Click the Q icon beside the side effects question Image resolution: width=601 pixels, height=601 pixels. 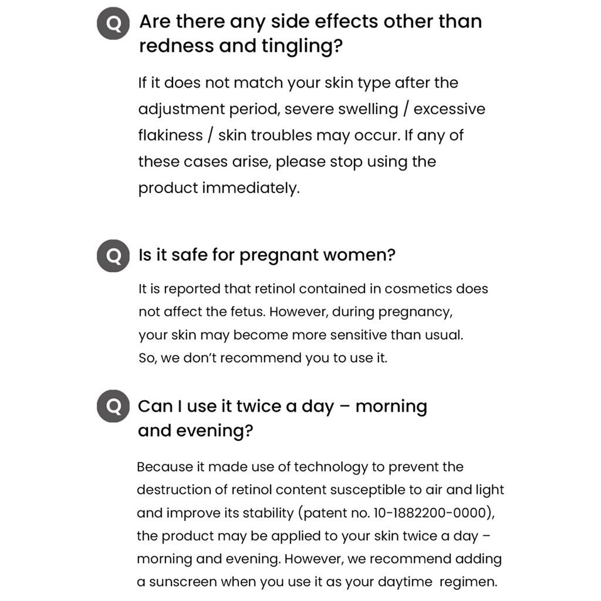pyautogui.click(x=113, y=24)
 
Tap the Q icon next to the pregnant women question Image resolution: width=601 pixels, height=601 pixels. pyautogui.click(x=113, y=256)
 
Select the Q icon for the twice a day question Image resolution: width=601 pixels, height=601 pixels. pyautogui.click(x=113, y=406)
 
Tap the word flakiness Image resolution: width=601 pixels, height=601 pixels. pyautogui.click(x=170, y=136)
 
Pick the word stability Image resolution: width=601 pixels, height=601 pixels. pyautogui.click(x=264, y=513)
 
